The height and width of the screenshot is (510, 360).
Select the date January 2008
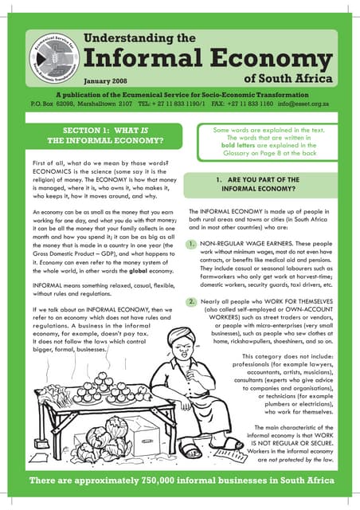[106, 80]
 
